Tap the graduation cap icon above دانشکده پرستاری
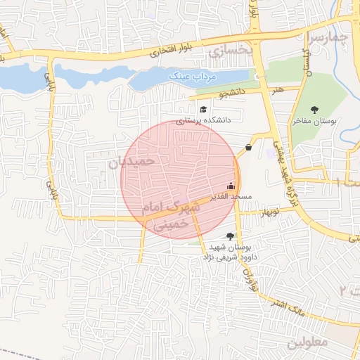204,109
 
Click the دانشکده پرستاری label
204,120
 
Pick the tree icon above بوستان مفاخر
314,109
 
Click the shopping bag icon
249,147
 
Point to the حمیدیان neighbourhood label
131,161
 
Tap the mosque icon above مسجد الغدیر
231,186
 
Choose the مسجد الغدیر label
231,198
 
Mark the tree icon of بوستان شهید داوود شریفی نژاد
229,236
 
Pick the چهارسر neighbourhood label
328,37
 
